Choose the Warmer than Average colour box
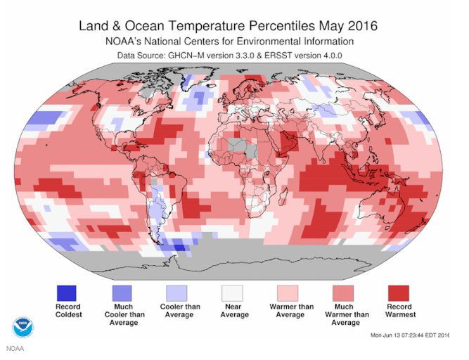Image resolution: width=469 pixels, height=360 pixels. pos(290,292)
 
